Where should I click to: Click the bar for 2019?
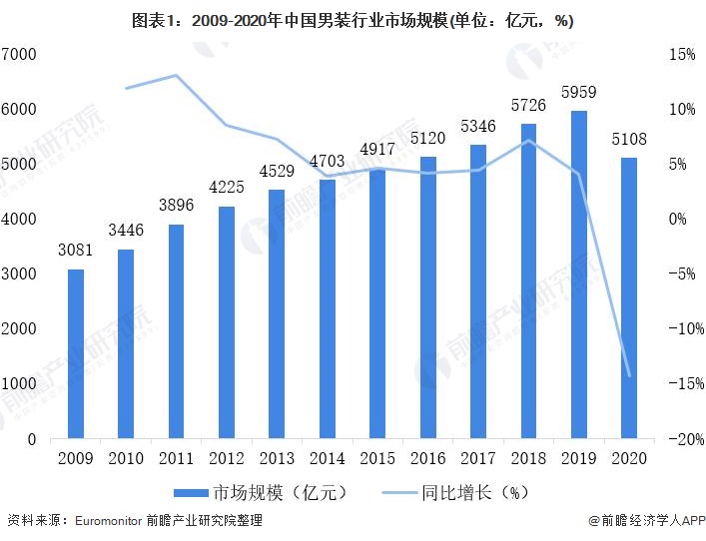coord(578,274)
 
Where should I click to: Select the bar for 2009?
coord(76,353)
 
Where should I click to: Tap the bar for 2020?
coord(628,297)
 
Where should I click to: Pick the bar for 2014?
coord(327,308)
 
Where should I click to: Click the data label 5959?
coord(578,93)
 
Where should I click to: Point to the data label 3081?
coord(76,252)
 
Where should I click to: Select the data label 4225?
coord(227,188)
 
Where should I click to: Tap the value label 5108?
coord(628,140)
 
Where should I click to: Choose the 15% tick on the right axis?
coord(680,54)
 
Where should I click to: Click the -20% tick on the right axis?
coord(679,438)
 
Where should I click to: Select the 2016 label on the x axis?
coord(427,459)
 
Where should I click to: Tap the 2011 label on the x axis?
coord(177,459)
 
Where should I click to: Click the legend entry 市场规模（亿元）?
coord(255,492)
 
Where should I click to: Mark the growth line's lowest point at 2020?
coord(628,376)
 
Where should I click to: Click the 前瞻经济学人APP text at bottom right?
coord(649,520)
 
